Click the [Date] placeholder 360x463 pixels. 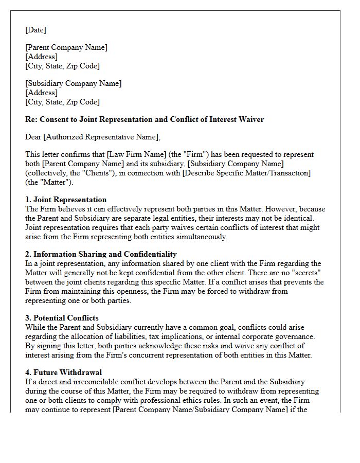click(x=35, y=30)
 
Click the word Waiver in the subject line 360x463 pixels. click(x=251, y=119)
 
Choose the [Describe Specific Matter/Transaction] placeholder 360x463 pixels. click(x=246, y=173)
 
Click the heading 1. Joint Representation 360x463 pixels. click(x=66, y=200)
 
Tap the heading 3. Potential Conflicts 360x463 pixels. click(x=62, y=318)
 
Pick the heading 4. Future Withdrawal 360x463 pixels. click(x=64, y=372)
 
